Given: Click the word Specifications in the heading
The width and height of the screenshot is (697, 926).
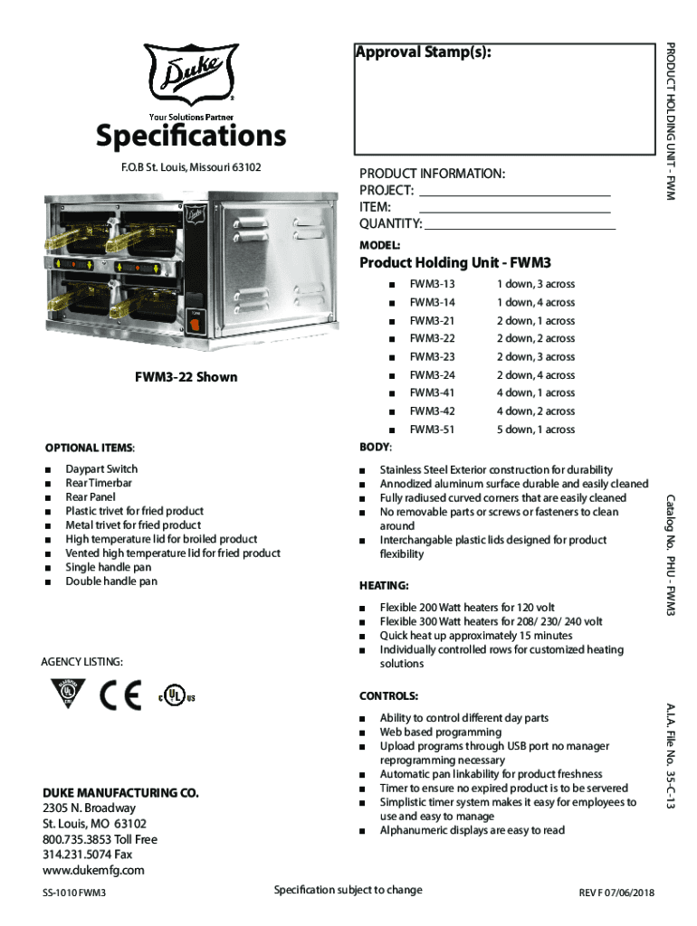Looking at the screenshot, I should pos(191,137).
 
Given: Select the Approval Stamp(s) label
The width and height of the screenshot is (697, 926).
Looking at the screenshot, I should pos(425,52).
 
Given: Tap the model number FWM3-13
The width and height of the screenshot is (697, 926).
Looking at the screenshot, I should pos(432,284).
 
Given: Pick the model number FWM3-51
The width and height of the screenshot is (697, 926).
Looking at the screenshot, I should pos(432,430).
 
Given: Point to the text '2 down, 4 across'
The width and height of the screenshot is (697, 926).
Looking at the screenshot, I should pos(535,375).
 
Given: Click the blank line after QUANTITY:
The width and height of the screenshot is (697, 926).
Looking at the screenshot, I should pos(520,226).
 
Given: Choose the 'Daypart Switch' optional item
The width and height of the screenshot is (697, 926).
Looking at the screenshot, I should pos(101,469).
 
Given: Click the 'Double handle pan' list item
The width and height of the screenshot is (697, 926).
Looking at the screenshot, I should pos(110,581).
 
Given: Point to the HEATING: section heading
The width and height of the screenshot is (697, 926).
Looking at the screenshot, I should pos(385,585).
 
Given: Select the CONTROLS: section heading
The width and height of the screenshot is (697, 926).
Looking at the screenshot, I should pos(388,696).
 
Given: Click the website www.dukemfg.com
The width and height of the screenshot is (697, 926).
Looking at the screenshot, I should pos(93,870).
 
